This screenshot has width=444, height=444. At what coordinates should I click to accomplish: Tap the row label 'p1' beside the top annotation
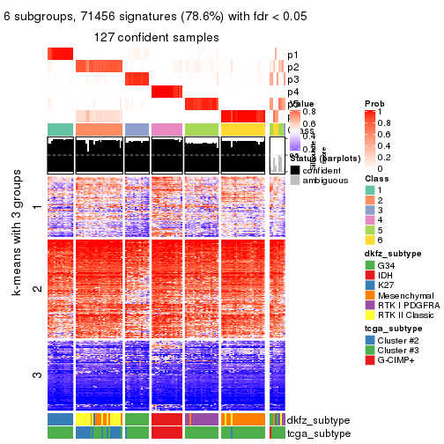(292, 55)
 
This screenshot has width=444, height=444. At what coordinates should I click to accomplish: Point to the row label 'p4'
(292, 92)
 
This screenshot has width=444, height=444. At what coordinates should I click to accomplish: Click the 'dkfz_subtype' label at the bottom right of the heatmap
(319, 420)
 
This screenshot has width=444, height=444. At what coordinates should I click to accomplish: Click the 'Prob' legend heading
(374, 104)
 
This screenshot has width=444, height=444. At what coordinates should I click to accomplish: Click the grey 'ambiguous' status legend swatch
(295, 180)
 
